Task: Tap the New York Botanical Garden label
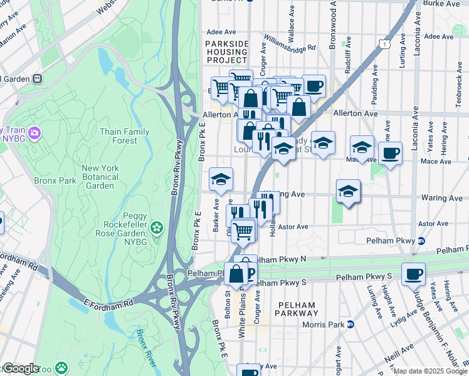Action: (x=100, y=177)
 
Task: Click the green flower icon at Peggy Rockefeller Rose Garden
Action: (x=156, y=226)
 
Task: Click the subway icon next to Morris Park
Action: (x=351, y=325)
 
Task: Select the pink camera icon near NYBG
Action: (x=34, y=133)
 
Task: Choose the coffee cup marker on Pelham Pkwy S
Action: (x=413, y=274)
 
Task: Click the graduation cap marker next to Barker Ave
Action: (x=221, y=179)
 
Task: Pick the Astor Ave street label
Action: (x=293, y=227)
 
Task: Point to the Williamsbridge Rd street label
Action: (x=289, y=48)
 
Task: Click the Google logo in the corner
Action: (x=20, y=368)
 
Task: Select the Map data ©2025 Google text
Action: (x=430, y=371)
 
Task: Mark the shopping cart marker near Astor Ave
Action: (x=243, y=230)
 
